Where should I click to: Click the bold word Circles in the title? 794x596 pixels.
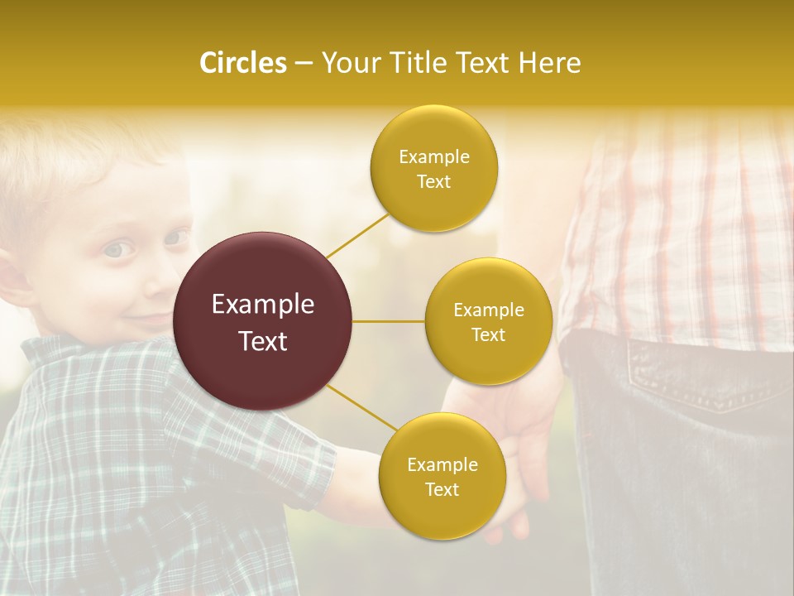(242, 63)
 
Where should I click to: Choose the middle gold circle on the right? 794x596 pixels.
(489, 356)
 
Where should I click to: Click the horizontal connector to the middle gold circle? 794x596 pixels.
(389, 321)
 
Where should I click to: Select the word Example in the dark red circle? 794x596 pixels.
(263, 305)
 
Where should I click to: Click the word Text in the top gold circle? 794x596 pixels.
(433, 182)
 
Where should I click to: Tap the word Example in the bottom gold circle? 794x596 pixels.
(442, 465)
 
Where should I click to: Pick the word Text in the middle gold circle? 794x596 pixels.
(488, 334)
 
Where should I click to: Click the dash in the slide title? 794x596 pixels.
(304, 63)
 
